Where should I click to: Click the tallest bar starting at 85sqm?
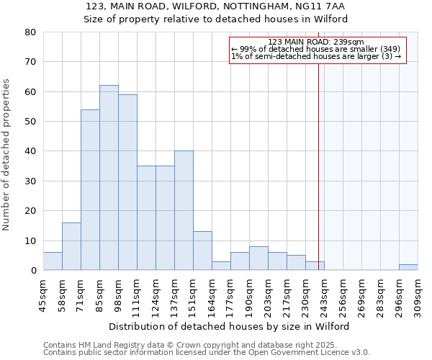(109, 178)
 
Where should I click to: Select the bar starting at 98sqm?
(127, 182)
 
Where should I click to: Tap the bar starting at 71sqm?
(90, 190)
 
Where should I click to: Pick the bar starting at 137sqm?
(184, 210)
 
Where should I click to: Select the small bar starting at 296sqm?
(408, 267)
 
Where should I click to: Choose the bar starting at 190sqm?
(258, 258)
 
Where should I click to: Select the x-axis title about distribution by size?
(230, 326)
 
